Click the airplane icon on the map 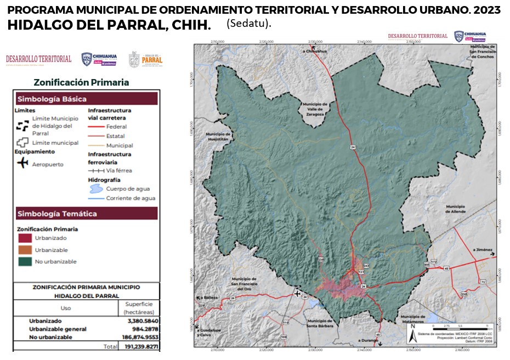click(298, 294)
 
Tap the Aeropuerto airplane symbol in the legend click(22, 164)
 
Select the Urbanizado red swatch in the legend click(25, 238)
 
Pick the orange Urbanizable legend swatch click(25, 250)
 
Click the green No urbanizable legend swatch click(25, 262)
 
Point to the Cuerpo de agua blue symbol click(96, 188)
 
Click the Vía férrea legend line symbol click(96, 171)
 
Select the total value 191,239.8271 click(139, 347)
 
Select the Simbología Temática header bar click(87, 213)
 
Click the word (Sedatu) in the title click(248, 25)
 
